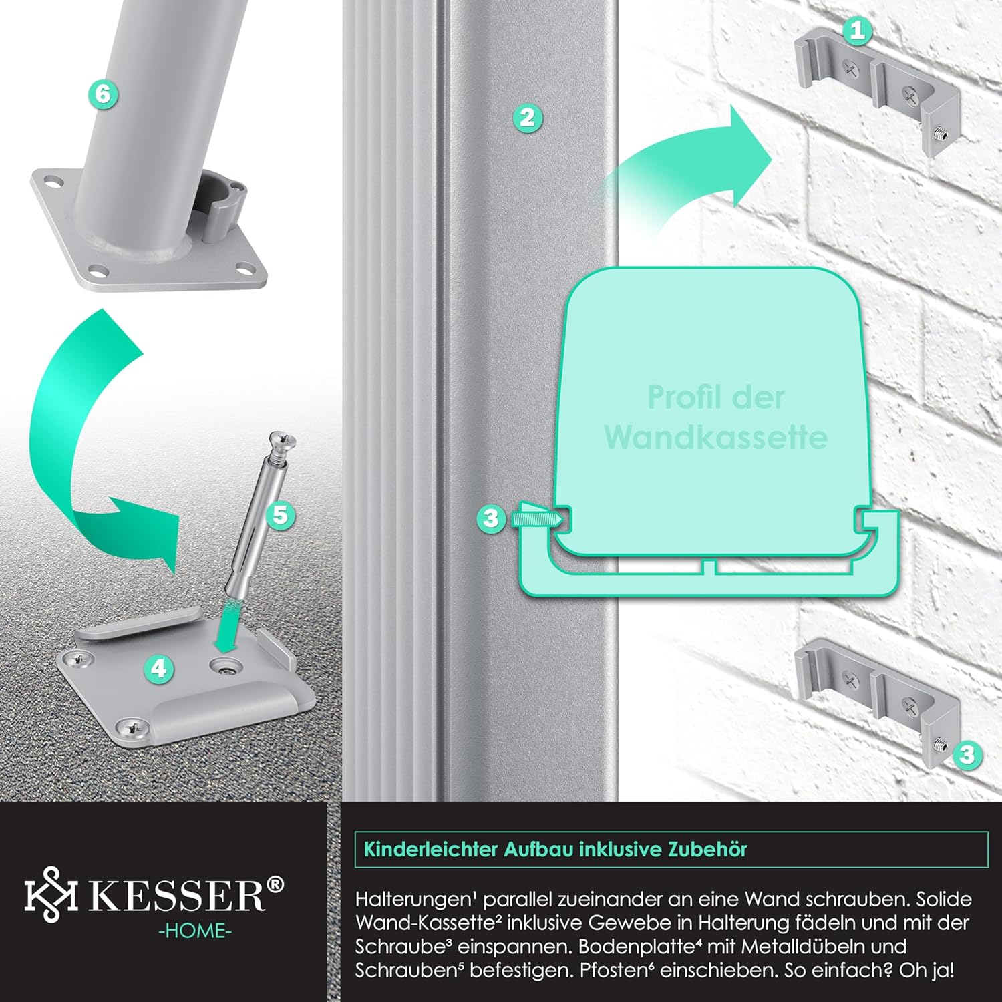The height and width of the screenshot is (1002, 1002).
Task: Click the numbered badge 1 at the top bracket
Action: tap(858, 29)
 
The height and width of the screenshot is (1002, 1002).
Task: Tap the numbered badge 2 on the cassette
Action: tap(527, 118)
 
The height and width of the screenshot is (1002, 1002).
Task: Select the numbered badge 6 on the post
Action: tap(102, 94)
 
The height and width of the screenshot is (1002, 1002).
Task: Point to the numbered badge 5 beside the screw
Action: tap(280, 515)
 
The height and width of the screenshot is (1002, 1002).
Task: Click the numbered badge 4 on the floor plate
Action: tap(158, 668)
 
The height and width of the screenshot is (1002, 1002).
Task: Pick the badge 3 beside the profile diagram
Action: tap(491, 518)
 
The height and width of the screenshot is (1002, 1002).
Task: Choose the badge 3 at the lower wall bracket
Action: tap(967, 755)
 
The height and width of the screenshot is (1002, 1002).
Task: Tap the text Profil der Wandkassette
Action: tap(715, 417)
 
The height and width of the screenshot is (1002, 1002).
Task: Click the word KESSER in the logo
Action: tap(178, 895)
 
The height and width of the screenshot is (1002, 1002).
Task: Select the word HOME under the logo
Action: tap(195, 931)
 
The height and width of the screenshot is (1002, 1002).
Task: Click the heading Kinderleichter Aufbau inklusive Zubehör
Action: tap(555, 850)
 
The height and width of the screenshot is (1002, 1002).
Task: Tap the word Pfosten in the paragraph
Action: tap(607, 970)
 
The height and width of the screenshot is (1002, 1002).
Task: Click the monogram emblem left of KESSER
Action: tap(51, 894)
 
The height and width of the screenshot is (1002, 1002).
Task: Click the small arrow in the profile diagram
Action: tap(534, 518)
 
